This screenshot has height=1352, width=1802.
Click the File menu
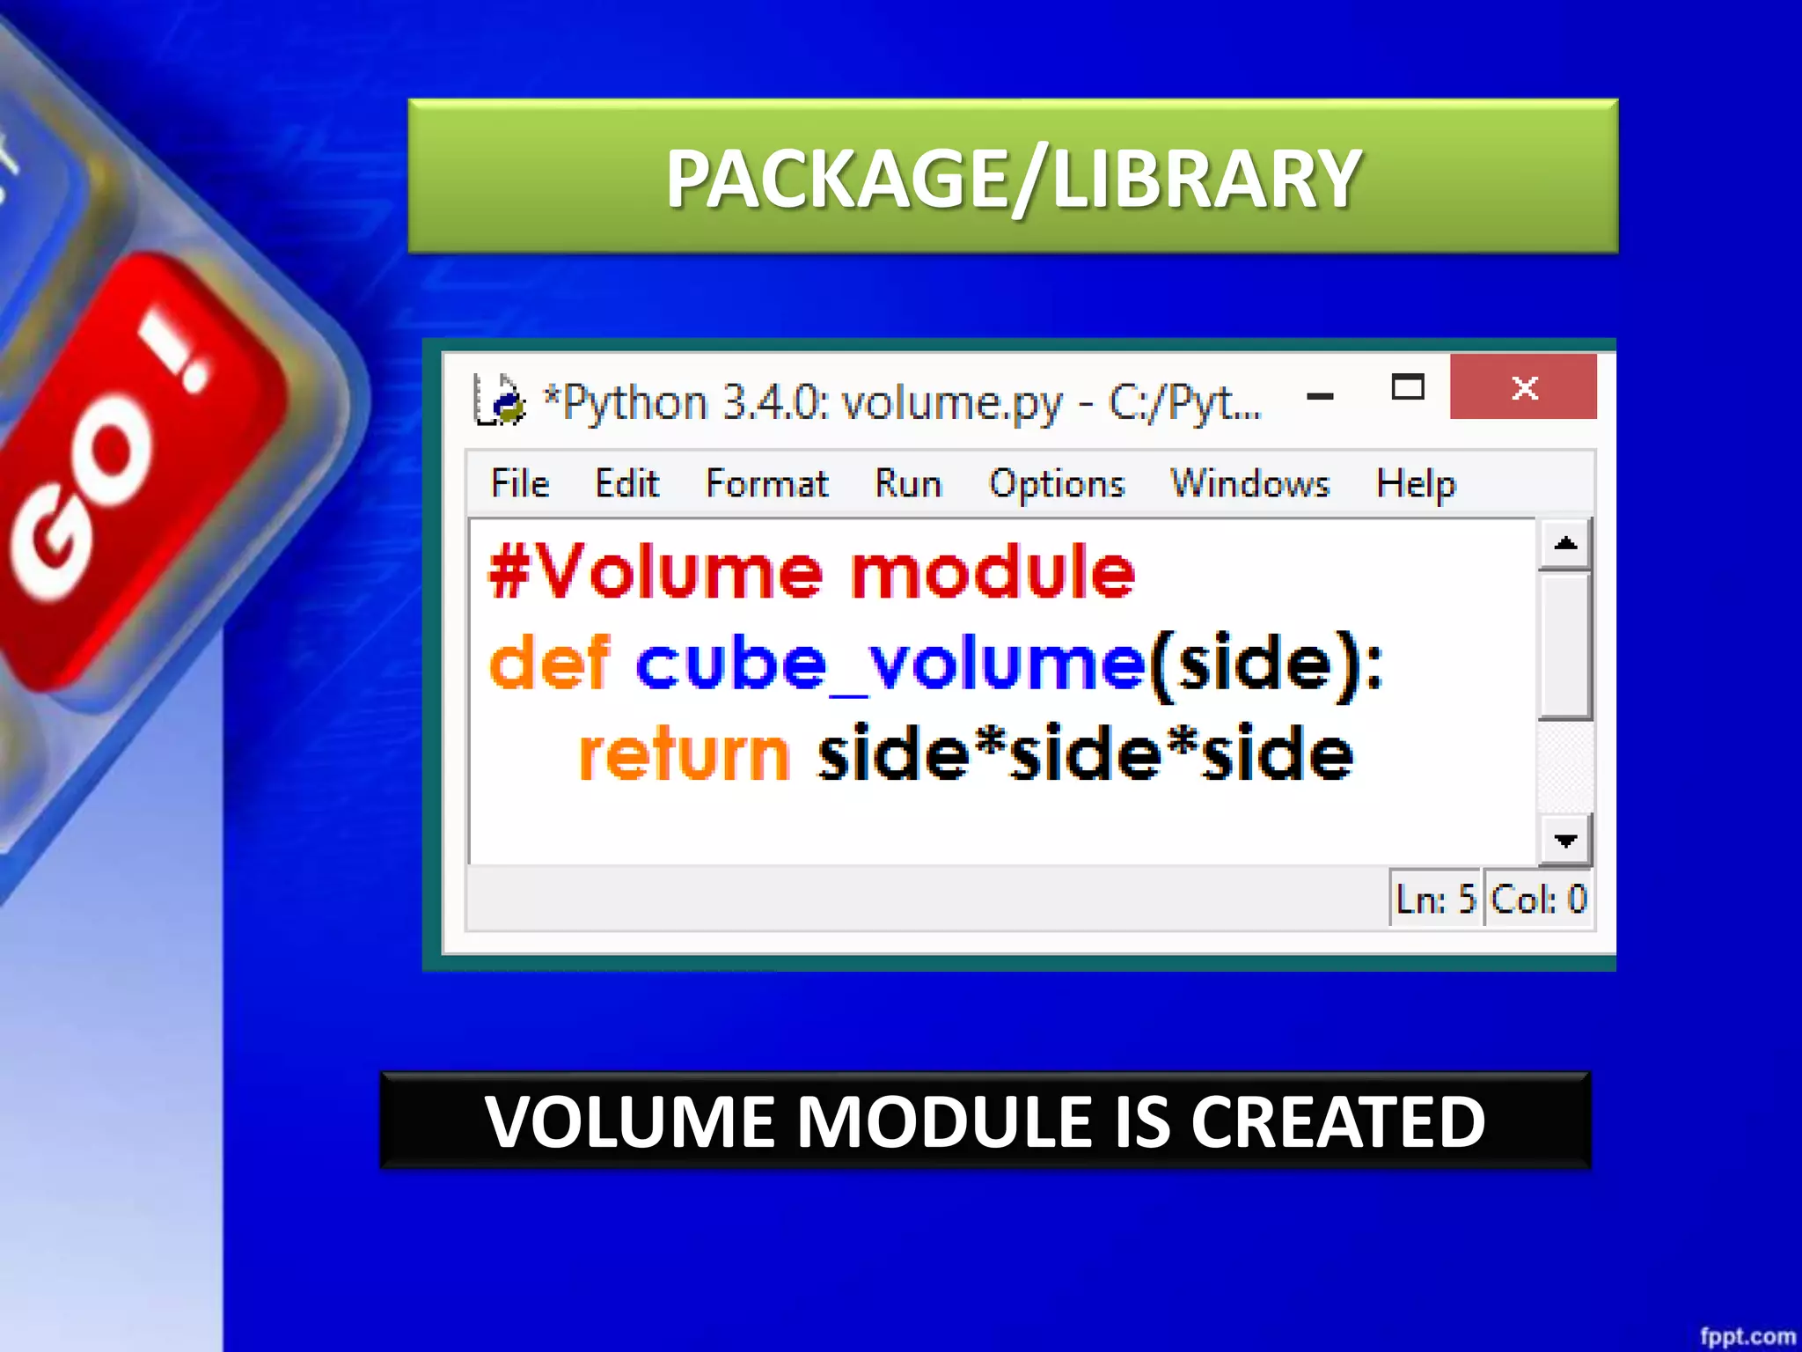click(519, 483)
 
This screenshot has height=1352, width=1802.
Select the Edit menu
click(626, 483)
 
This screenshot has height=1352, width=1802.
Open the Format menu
click(766, 483)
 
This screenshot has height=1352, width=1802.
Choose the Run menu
click(907, 483)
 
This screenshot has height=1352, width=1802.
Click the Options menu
click(1057, 483)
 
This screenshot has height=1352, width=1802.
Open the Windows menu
click(1249, 483)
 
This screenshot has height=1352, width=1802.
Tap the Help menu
click(1415, 483)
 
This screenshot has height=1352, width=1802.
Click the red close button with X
click(1523, 387)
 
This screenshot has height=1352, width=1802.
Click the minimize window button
click(1320, 396)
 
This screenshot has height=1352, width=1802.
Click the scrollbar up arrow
click(1565, 543)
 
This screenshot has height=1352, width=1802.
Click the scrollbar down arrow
click(1565, 841)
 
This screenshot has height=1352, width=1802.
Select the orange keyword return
click(684, 754)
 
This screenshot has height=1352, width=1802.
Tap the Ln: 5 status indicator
click(1435, 899)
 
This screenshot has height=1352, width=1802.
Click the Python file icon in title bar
click(499, 400)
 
